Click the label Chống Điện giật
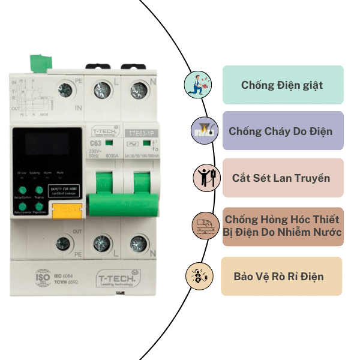pyautogui.click(x=283, y=85)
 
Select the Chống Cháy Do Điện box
pyautogui.click(x=283, y=131)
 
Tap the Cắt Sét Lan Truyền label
pyautogui.click(x=283, y=178)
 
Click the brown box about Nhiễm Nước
pyautogui.click(x=283, y=226)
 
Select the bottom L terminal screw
pyautogui.click(x=101, y=243)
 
